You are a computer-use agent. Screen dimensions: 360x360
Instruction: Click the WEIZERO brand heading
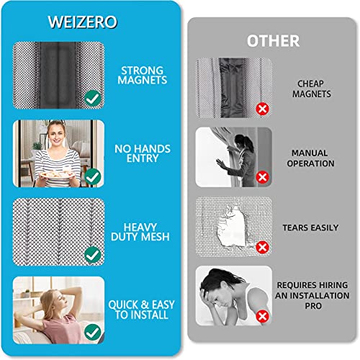coord(83,22)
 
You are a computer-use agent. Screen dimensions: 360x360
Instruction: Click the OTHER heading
coord(274,41)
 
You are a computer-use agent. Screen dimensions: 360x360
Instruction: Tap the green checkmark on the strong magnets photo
coord(93,98)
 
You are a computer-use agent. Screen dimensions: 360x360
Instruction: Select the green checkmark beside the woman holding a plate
coord(93,176)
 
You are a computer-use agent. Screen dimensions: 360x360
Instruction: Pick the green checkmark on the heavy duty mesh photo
coord(93,255)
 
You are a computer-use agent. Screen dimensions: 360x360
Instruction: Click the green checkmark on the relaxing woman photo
coord(93,332)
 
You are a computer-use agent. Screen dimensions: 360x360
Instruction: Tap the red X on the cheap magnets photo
coord(262,109)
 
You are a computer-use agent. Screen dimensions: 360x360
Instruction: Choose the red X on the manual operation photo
coord(262,178)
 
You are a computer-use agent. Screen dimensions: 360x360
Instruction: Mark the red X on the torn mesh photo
coord(262,247)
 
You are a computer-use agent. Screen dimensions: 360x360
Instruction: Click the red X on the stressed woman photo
coord(262,316)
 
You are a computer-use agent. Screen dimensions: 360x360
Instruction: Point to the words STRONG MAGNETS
coord(143,75)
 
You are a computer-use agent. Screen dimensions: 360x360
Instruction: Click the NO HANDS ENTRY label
coord(143,153)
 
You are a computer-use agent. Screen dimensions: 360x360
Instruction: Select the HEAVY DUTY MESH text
coord(140,232)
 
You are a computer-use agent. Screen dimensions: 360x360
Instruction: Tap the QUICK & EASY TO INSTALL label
coord(141,310)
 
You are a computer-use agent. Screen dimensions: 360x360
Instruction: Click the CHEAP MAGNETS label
coord(311,89)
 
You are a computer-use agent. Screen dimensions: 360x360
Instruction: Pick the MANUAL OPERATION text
coord(310,158)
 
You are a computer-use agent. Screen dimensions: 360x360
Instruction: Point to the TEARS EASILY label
coord(310,228)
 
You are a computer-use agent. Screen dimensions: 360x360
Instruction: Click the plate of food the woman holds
coord(57,174)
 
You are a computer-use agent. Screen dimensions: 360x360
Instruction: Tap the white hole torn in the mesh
coord(232,227)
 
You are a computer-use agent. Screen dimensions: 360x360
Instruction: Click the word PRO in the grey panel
coord(313,306)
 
